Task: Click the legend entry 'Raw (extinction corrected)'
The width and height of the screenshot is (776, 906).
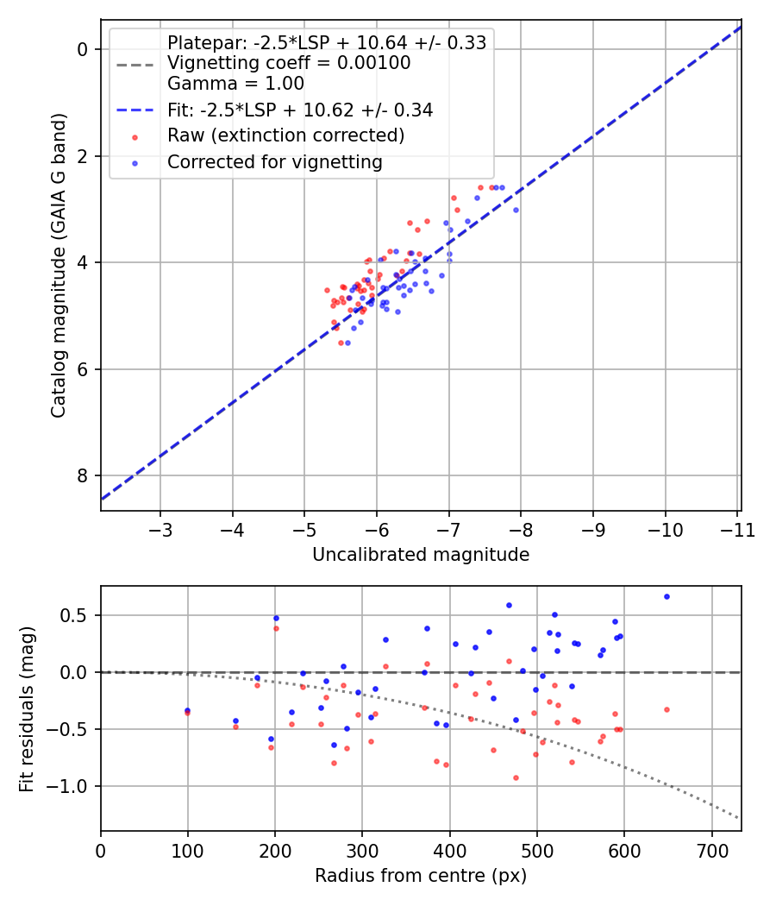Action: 285,135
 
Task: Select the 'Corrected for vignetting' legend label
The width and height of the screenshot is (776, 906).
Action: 274,161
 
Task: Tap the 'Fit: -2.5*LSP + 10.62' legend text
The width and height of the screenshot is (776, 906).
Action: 299,110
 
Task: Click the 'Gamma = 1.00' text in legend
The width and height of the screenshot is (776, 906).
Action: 235,84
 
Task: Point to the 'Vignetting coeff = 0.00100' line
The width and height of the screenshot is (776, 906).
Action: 288,63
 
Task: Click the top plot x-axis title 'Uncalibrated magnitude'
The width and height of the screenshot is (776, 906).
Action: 420,555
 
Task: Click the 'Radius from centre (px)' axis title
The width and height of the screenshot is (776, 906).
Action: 420,876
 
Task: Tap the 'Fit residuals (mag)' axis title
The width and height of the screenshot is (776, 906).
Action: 28,708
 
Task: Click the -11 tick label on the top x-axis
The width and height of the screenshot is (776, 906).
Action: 737,529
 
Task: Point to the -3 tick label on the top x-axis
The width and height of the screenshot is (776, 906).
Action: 160,529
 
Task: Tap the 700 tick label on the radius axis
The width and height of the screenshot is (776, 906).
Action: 711,850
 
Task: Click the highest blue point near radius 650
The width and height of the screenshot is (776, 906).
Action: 666,596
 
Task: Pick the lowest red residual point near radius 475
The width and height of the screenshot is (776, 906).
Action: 516,777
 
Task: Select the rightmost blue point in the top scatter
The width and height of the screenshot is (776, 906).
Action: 516,210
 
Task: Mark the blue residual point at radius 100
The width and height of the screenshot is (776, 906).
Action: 187,710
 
